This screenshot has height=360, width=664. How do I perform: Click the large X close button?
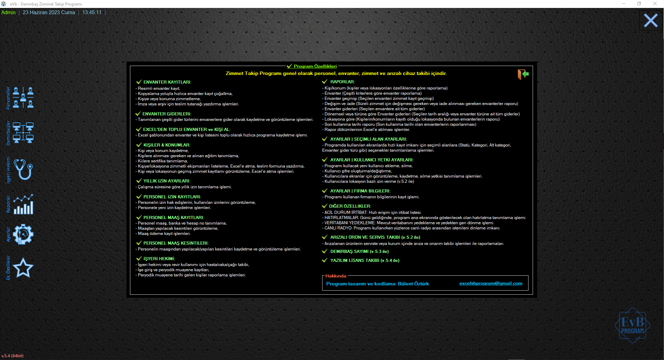click(651, 21)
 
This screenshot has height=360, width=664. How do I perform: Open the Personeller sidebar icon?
click(23, 97)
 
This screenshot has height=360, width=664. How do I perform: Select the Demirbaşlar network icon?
click(23, 133)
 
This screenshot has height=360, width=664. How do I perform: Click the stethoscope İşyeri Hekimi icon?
click(24, 169)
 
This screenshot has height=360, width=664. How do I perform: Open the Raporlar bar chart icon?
click(23, 204)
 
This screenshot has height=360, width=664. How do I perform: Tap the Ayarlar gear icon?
click(23, 235)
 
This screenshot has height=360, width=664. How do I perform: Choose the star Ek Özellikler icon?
click(23, 268)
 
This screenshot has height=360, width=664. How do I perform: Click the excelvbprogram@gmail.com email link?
click(490, 283)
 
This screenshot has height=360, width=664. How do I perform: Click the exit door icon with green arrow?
click(523, 74)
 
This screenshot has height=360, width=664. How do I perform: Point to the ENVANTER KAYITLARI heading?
click(167, 82)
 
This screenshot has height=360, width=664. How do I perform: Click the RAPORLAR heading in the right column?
click(342, 82)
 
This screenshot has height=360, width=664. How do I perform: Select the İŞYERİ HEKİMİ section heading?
click(159, 259)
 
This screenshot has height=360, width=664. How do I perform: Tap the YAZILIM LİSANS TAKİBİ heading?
click(365, 260)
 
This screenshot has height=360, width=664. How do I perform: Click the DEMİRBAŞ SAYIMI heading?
click(359, 252)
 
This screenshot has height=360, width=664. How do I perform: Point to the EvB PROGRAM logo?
click(633, 325)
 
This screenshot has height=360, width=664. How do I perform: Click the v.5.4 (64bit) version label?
click(12, 356)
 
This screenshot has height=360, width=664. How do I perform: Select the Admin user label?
click(8, 12)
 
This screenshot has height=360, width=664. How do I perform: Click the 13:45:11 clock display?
click(92, 12)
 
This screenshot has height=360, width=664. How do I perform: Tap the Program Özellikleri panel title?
click(315, 66)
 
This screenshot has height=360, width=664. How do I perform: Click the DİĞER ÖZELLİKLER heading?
click(350, 206)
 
